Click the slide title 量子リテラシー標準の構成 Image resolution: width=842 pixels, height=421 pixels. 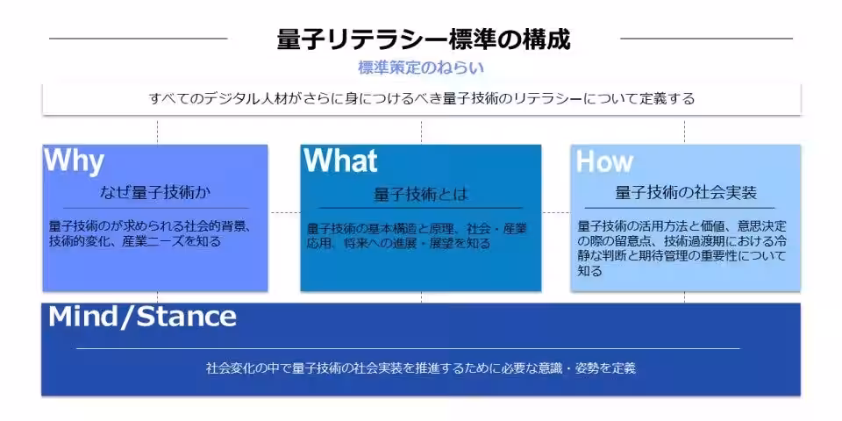pyautogui.click(x=423, y=39)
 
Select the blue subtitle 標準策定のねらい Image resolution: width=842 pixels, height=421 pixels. pyautogui.click(x=421, y=68)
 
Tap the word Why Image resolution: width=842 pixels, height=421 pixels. pyautogui.click(x=74, y=161)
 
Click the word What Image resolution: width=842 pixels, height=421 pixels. pyautogui.click(x=340, y=160)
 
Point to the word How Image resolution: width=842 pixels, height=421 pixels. pyautogui.click(x=604, y=161)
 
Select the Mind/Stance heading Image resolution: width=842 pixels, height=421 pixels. pyautogui.click(x=142, y=317)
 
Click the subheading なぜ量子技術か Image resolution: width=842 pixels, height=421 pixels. pyautogui.click(x=155, y=192)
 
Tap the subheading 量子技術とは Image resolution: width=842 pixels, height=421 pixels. pyautogui.click(x=420, y=195)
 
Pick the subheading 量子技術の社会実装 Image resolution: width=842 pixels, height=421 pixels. pyautogui.click(x=686, y=193)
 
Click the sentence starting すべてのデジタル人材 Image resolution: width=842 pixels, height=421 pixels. pyautogui.click(x=422, y=99)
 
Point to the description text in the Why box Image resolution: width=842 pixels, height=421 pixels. pyautogui.click(x=150, y=233)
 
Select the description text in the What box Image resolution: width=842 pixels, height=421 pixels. pyautogui.click(x=417, y=236)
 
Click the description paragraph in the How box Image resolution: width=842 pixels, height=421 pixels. pyautogui.click(x=682, y=248)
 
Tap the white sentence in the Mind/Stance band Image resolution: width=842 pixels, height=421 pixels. pyautogui.click(x=421, y=368)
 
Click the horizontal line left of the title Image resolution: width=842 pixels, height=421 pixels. pyautogui.click(x=138, y=39)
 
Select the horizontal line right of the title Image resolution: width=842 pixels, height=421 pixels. pyautogui.click(x=707, y=39)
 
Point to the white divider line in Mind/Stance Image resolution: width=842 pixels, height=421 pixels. pyautogui.click(x=408, y=348)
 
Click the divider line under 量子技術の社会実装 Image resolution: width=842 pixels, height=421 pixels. pyautogui.click(x=679, y=208)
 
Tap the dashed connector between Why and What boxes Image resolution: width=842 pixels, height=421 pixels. pyautogui.click(x=284, y=212)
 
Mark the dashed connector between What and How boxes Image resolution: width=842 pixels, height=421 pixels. pyautogui.click(x=556, y=212)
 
